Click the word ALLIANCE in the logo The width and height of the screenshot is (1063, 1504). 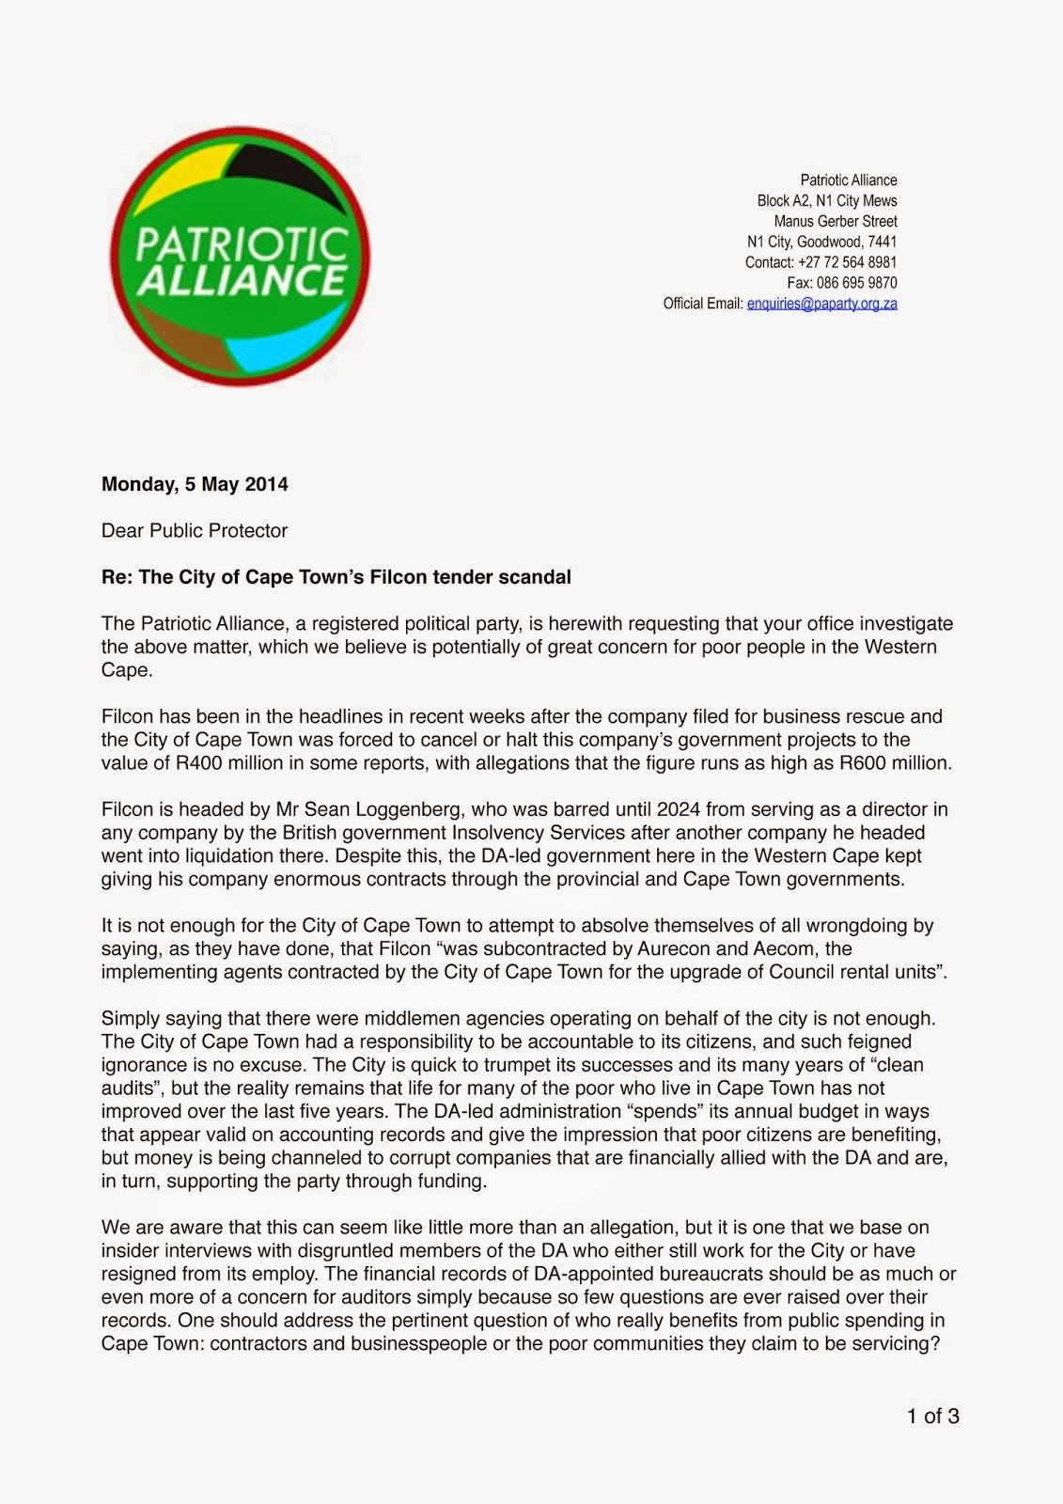[242, 280]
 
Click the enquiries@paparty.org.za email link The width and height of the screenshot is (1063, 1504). [821, 304]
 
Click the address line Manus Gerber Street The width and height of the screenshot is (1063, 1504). [835, 221]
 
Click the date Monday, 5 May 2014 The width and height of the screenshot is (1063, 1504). [195, 485]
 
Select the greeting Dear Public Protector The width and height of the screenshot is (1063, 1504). [195, 531]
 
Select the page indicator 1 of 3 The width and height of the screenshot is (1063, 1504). [932, 1417]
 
